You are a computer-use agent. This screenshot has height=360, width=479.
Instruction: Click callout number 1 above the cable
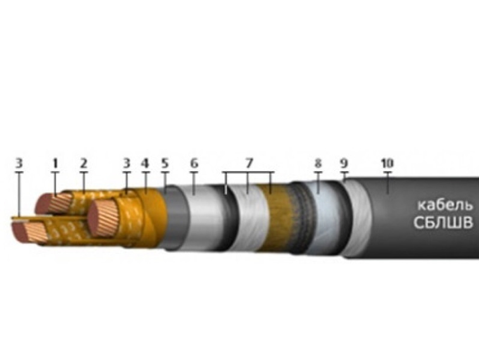(55, 163)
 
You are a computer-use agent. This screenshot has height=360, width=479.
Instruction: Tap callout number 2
(83, 163)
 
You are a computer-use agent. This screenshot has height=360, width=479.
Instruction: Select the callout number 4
(145, 163)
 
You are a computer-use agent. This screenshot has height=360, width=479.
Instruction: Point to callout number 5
(165, 163)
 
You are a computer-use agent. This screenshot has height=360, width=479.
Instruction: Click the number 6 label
(194, 163)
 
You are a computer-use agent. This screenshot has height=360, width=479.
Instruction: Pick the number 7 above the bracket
(248, 163)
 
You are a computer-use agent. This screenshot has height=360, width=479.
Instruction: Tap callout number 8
(318, 163)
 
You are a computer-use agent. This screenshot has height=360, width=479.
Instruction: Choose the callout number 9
(344, 163)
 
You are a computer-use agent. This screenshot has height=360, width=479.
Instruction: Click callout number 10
(388, 163)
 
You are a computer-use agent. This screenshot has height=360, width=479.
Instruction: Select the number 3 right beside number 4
(126, 163)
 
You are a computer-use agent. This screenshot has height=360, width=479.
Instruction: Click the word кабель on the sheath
(445, 206)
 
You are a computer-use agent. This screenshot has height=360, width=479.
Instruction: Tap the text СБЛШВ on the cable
(443, 223)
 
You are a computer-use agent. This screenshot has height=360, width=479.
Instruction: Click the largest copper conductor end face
(102, 219)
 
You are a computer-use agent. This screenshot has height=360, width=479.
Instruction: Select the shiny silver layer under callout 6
(204, 216)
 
